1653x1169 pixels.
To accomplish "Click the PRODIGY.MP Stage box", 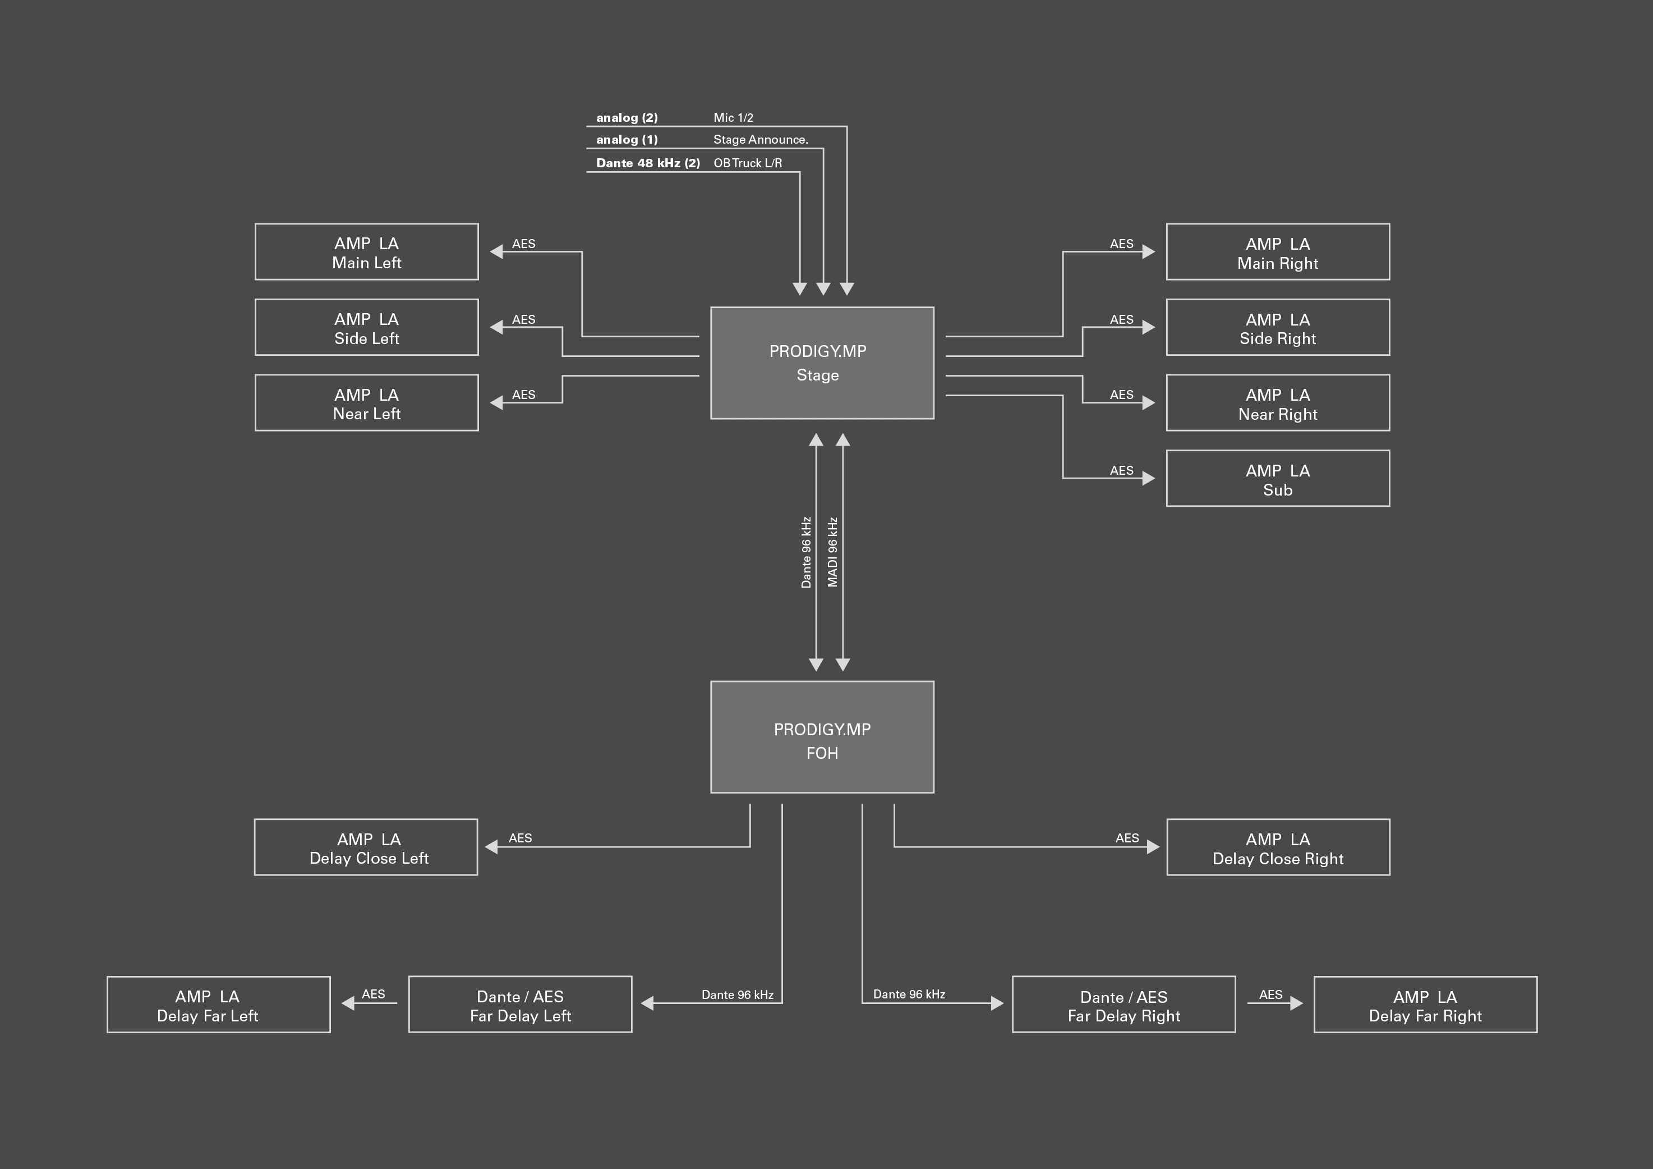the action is pyautogui.click(x=822, y=363).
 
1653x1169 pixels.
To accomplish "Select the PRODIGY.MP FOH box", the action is pyautogui.click(x=822, y=737).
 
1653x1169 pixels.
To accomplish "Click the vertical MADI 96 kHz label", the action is pyautogui.click(x=833, y=552).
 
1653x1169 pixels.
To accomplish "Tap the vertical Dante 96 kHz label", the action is pyautogui.click(x=807, y=552).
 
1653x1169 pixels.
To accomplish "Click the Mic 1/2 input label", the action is pyautogui.click(x=734, y=117).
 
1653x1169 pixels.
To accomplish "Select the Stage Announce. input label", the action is pyautogui.click(x=761, y=140).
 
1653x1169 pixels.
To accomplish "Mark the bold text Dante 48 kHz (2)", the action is pyautogui.click(x=648, y=163).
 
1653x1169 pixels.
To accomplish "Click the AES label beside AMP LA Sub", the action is pyautogui.click(x=1122, y=470).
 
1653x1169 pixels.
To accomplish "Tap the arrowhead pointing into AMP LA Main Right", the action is pyautogui.click(x=1149, y=251).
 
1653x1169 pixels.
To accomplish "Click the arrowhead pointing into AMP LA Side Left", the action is pyautogui.click(x=496, y=327).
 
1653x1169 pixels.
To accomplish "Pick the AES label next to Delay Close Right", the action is pyautogui.click(x=1127, y=838).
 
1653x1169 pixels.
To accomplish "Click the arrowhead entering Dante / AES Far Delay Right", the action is pyautogui.click(x=997, y=1003).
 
